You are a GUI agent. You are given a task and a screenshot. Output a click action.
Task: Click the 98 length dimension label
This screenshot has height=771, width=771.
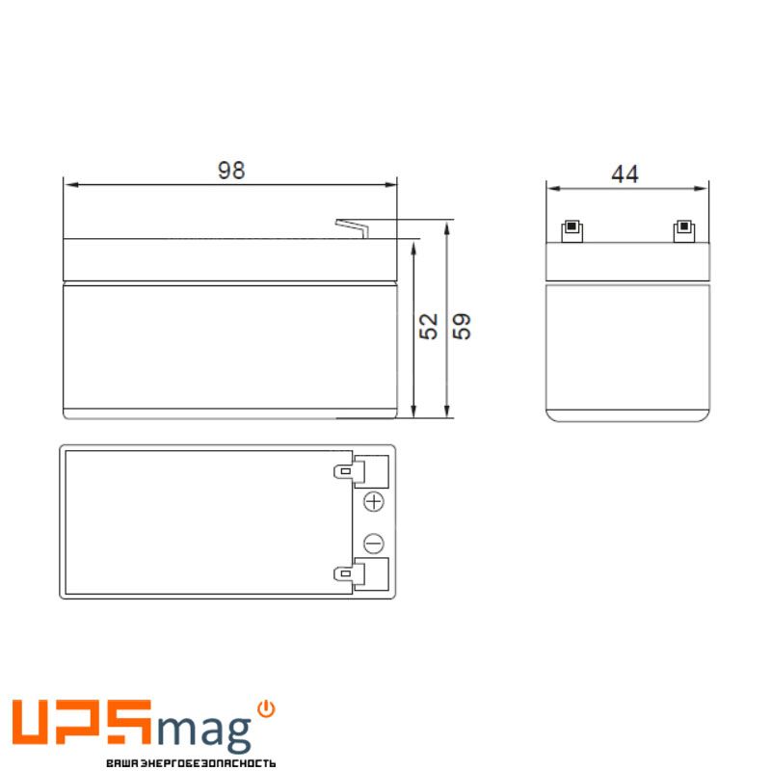click(231, 171)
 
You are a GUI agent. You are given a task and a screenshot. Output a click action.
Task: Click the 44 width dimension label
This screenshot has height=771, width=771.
click(625, 174)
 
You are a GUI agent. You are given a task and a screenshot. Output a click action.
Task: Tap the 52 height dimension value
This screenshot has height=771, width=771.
click(428, 326)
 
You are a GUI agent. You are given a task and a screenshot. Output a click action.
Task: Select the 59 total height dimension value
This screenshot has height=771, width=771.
click(462, 326)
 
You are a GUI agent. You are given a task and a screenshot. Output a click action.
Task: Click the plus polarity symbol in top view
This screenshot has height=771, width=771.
click(374, 502)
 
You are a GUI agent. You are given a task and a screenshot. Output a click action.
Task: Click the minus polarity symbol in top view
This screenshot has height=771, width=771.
click(374, 544)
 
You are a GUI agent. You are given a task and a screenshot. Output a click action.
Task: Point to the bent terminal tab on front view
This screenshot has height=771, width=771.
click(352, 228)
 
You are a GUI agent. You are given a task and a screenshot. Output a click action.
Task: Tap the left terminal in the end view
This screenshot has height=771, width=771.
click(572, 231)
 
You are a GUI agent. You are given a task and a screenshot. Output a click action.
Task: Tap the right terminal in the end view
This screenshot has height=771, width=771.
click(683, 231)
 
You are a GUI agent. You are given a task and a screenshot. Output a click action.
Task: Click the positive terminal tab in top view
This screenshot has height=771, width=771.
click(350, 471)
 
